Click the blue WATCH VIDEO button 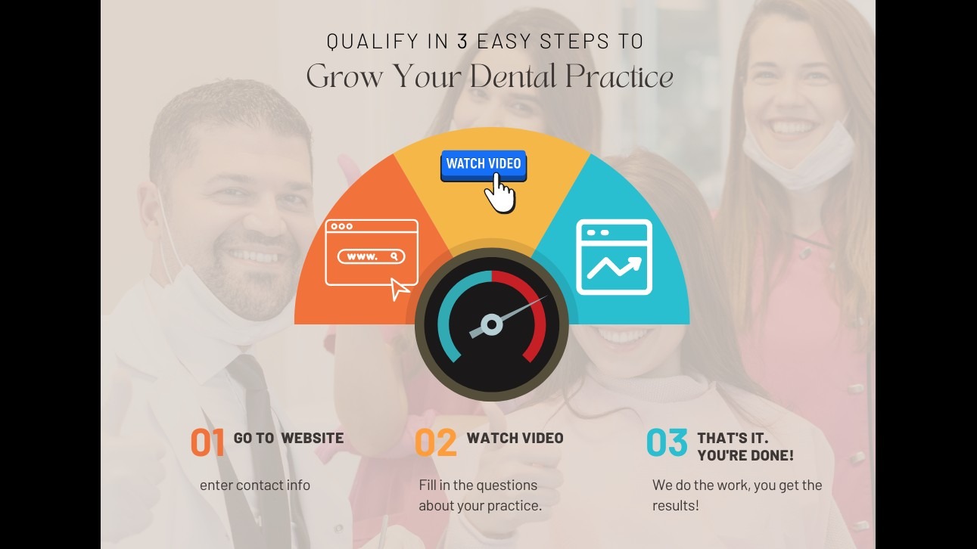[x=484, y=165]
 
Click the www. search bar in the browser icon [x=371, y=256]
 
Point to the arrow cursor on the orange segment [x=399, y=289]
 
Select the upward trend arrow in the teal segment [x=615, y=267]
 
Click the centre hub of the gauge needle [x=492, y=324]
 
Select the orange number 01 [x=207, y=442]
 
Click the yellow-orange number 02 [x=436, y=442]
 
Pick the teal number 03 [x=667, y=442]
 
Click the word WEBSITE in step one [x=313, y=438]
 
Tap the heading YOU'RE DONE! [x=745, y=455]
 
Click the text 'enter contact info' [x=255, y=485]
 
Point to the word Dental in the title [x=513, y=76]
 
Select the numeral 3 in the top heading [x=462, y=41]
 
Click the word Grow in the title [x=344, y=76]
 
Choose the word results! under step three [x=676, y=506]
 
